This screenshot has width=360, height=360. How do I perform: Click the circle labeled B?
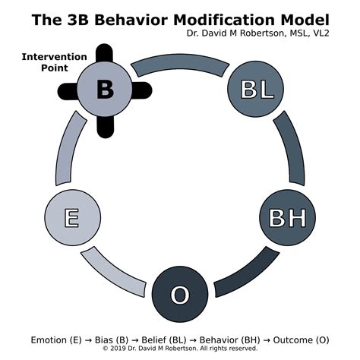click(x=105, y=90)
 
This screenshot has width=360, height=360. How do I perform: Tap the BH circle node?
click(x=287, y=218)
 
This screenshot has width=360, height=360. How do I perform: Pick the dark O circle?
click(x=179, y=294)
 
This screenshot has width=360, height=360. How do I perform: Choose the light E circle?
click(x=72, y=218)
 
